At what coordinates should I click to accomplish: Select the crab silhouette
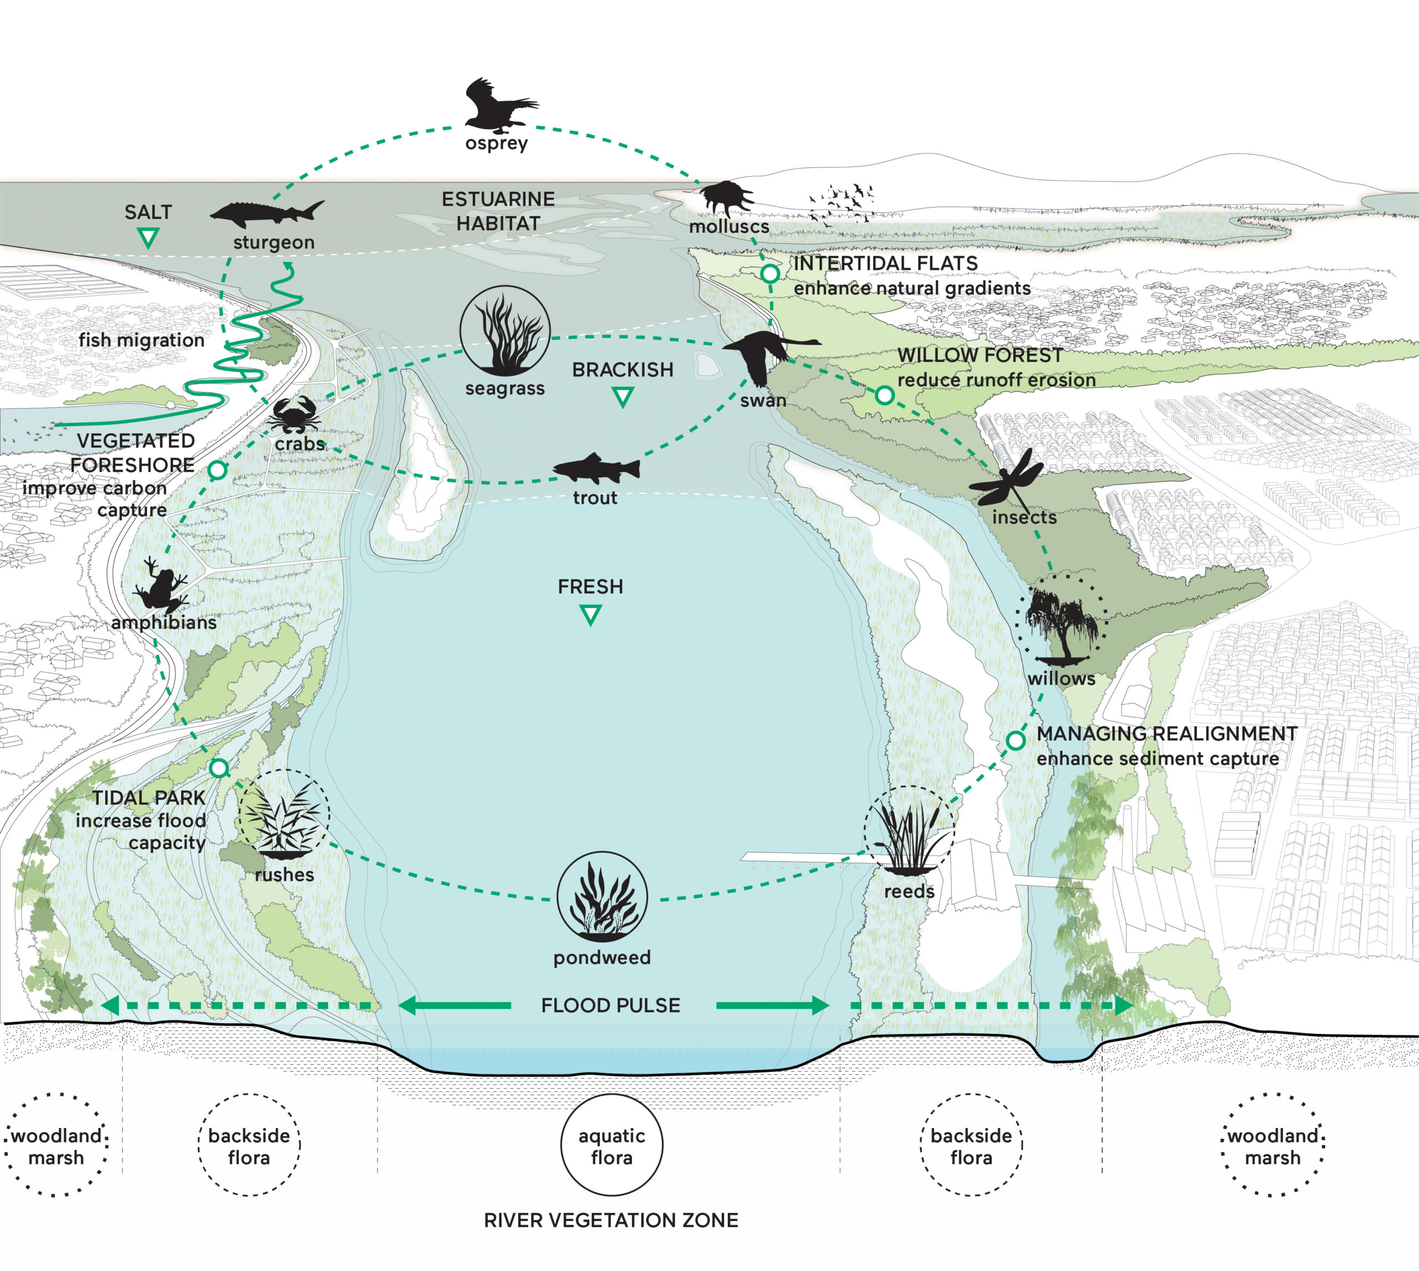click(x=296, y=416)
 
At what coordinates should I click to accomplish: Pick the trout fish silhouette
click(x=596, y=468)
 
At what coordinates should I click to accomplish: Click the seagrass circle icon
click(x=505, y=330)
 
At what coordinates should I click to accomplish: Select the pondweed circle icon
click(x=602, y=897)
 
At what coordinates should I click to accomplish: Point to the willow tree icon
click(x=1061, y=621)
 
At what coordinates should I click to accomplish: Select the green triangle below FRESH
click(x=591, y=615)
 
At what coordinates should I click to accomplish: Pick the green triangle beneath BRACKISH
click(x=622, y=397)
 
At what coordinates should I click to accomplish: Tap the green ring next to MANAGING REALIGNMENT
click(x=1015, y=740)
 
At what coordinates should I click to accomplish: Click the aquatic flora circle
click(x=612, y=1146)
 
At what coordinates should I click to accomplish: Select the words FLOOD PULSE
click(x=610, y=1005)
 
